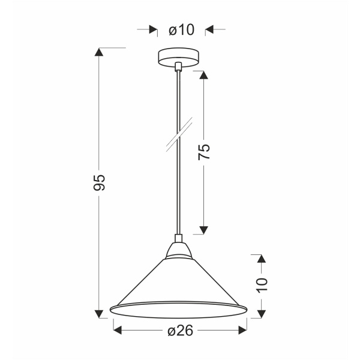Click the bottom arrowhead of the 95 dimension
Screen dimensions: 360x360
tap(100, 314)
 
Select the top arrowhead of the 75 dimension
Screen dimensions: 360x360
tap(203, 76)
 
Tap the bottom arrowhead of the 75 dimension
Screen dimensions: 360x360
tap(203, 229)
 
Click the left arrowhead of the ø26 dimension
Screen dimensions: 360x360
tap(118, 330)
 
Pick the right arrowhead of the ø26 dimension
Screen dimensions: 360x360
tap(242, 330)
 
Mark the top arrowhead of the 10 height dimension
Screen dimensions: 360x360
tap(261, 259)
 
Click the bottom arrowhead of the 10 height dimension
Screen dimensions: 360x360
tap(261, 314)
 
